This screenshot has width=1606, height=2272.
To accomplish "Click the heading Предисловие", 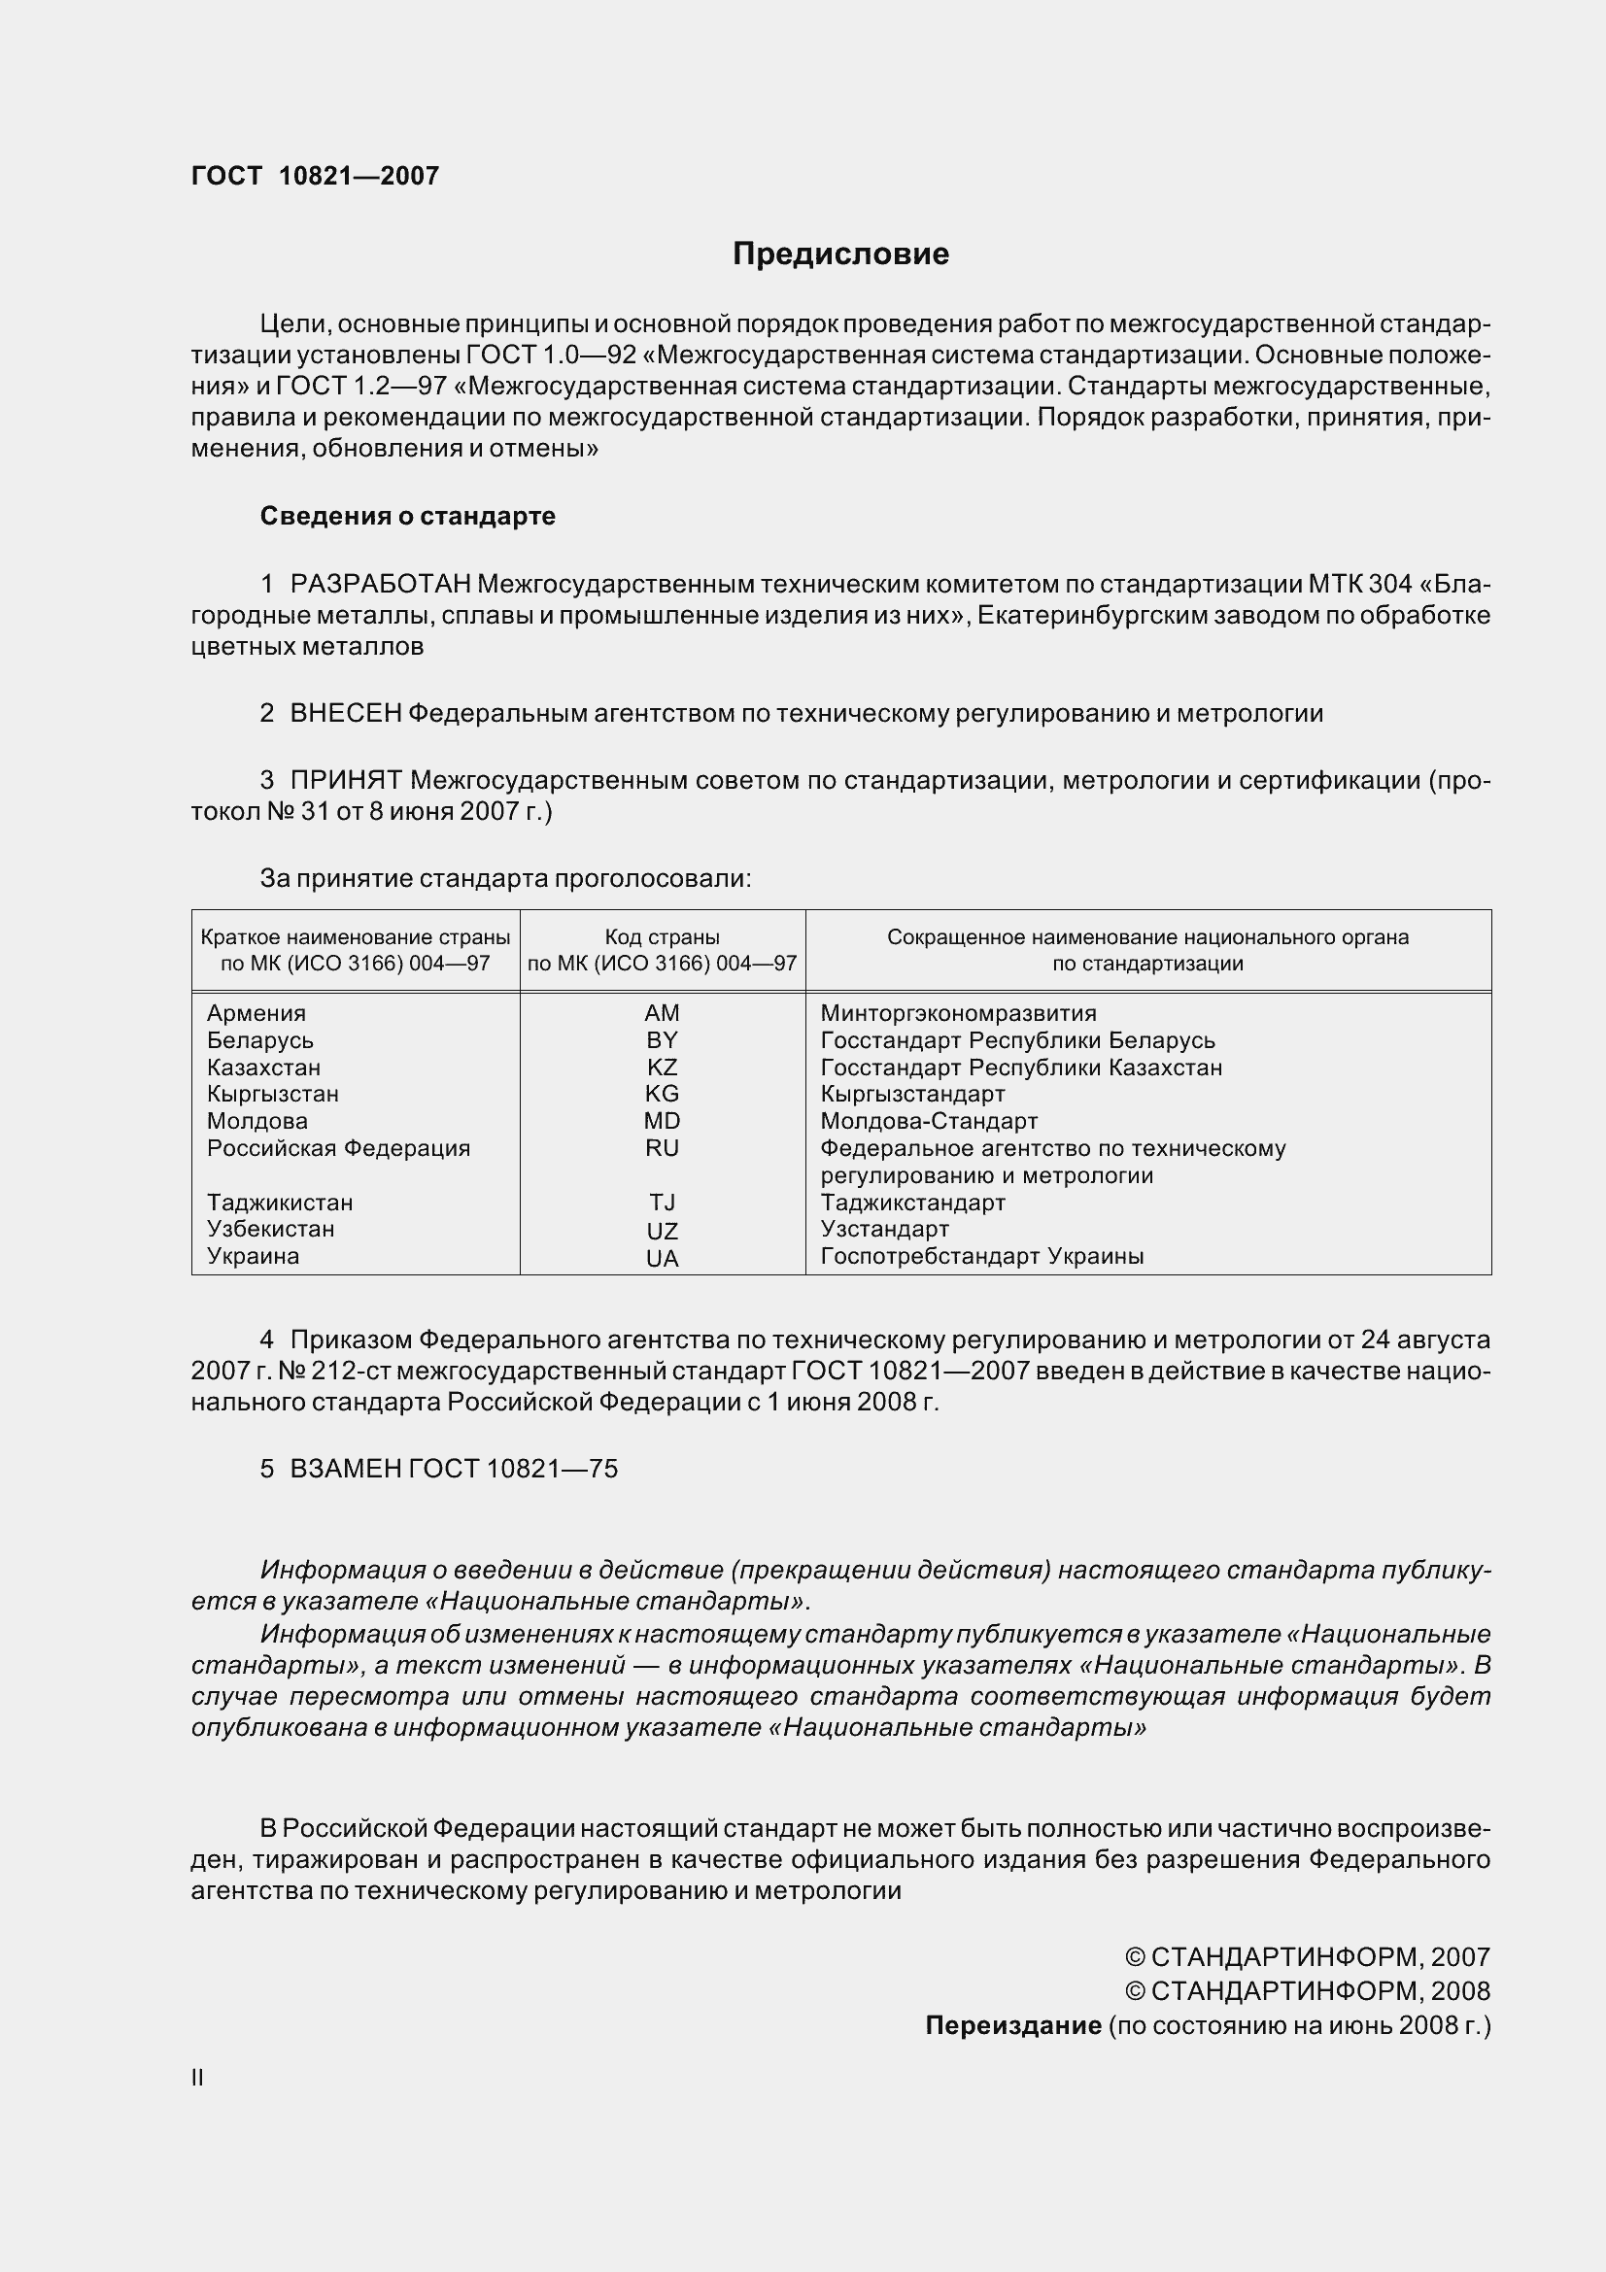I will click(840, 254).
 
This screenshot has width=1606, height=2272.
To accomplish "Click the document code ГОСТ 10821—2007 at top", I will click(315, 176).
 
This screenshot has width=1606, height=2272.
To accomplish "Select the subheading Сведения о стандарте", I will click(408, 516).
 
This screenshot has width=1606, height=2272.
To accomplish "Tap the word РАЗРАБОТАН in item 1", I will click(380, 584).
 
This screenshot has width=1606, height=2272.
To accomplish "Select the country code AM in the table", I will click(662, 1012).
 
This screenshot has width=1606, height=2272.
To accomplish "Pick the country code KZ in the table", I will click(662, 1067).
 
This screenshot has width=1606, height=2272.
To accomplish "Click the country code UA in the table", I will click(662, 1258).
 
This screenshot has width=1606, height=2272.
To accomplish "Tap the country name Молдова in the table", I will click(257, 1121).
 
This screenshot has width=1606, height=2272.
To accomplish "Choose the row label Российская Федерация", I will click(338, 1148).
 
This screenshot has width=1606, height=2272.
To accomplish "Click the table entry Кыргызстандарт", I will click(912, 1094).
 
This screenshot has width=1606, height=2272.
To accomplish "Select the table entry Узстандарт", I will click(885, 1229).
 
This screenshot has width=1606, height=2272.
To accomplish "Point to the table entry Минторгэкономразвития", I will click(958, 1012).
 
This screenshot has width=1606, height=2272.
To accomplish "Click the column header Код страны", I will click(662, 936).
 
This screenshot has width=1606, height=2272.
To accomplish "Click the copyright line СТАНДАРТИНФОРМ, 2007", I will click(1307, 1956).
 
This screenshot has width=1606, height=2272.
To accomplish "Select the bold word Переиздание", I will click(1012, 2025).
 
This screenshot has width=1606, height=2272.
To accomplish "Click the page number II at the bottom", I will click(198, 2078).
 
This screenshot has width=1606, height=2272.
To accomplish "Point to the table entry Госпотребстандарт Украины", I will click(981, 1256).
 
